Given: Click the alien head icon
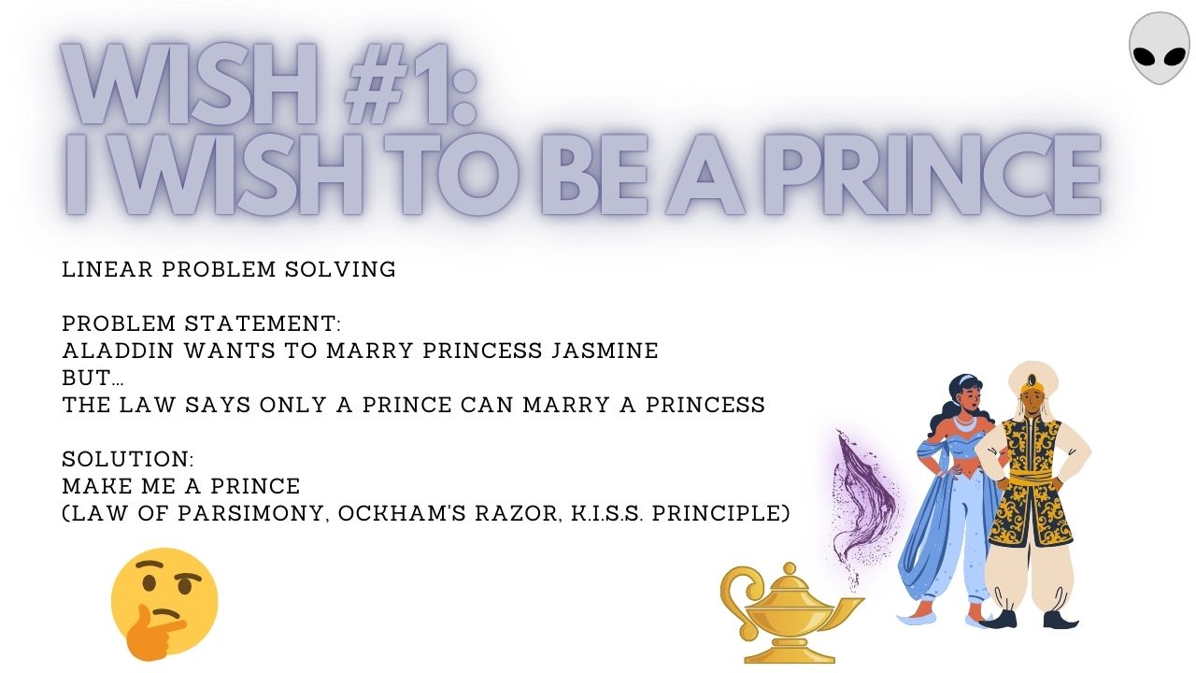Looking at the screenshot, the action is (1160, 48).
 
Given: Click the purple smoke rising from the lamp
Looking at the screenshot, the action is (863, 508).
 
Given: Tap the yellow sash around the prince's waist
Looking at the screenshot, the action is (1033, 477).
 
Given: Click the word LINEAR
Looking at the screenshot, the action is (107, 269).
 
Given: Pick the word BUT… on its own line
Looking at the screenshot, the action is (93, 379).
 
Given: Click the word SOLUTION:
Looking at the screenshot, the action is (128, 459).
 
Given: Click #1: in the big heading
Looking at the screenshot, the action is (409, 84).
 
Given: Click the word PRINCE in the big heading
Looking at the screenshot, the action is (933, 175).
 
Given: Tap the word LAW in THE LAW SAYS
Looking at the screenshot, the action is (148, 405).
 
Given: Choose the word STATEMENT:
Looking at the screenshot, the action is (263, 323).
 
